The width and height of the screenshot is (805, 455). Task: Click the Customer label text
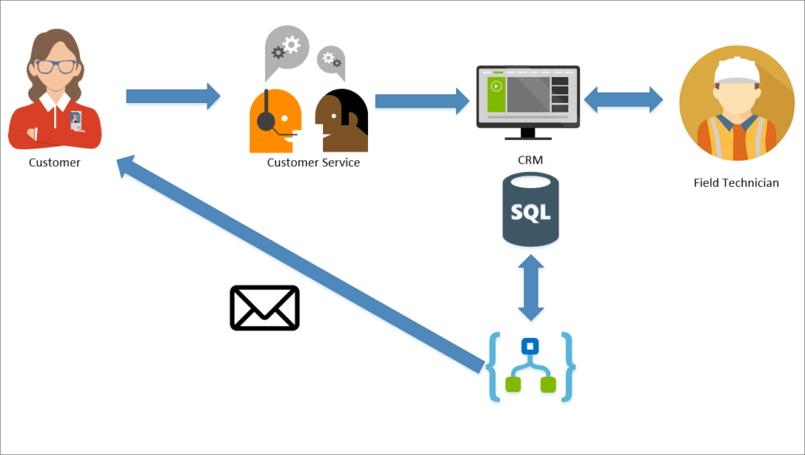(54, 163)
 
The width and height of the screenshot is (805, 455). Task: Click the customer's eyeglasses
(55, 67)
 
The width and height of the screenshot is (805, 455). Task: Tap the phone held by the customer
(75, 120)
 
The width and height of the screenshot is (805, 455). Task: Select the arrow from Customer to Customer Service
(173, 96)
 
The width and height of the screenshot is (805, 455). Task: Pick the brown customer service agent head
(341, 120)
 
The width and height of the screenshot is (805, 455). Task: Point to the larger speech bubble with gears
(286, 49)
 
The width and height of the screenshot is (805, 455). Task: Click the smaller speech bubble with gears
(331, 60)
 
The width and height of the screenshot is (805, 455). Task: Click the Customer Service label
(313, 163)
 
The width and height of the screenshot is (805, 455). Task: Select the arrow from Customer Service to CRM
(421, 101)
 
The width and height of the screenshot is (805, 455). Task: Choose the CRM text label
(530, 160)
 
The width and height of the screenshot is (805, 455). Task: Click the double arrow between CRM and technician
(623, 99)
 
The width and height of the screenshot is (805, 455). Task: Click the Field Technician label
(736, 183)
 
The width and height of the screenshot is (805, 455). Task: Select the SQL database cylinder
(531, 210)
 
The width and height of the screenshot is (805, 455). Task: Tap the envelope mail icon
(264, 307)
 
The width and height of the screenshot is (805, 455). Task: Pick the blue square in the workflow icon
(531, 346)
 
